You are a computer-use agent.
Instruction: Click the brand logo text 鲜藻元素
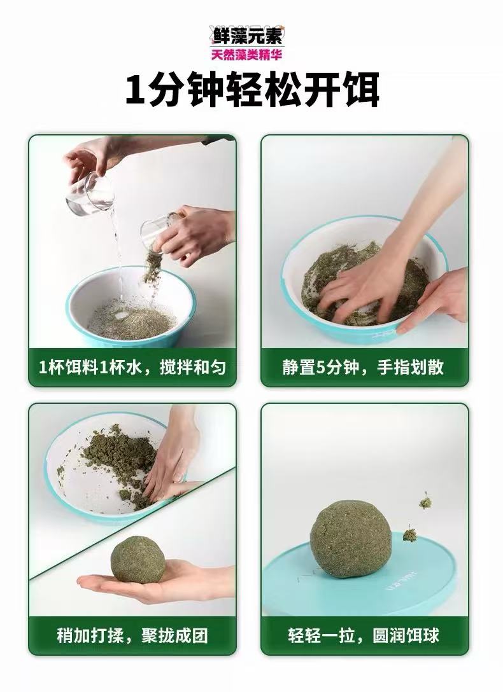click(248, 36)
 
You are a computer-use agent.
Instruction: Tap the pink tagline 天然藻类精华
click(247, 55)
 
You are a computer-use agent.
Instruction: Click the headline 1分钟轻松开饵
click(252, 90)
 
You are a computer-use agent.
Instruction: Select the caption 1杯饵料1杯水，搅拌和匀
click(132, 368)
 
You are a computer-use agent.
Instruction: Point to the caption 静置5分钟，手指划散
click(364, 368)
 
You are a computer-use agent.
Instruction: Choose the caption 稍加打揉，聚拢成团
click(132, 636)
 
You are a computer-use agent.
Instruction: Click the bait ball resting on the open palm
click(138, 560)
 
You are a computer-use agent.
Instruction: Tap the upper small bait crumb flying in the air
click(425, 502)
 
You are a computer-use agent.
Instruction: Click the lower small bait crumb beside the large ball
click(410, 534)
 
